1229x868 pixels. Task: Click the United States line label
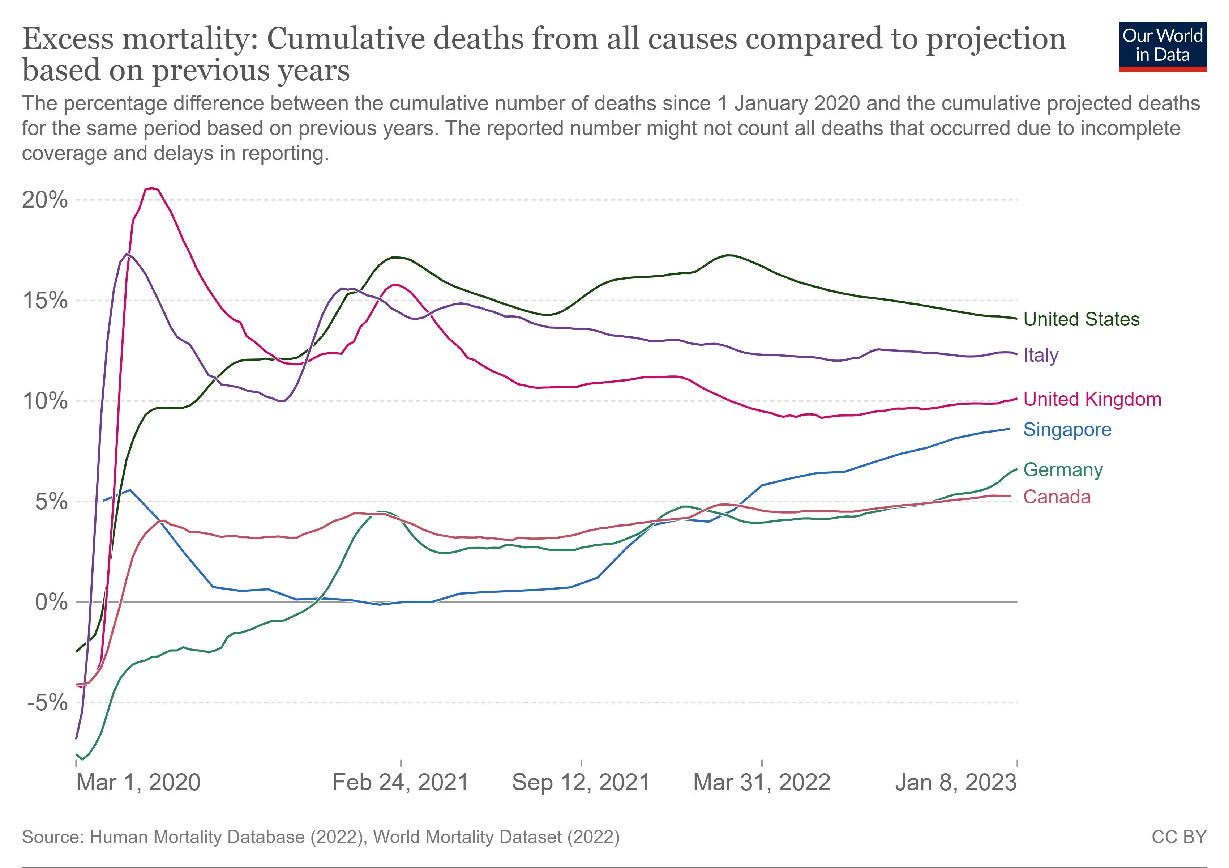point(1081,319)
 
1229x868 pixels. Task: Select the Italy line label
point(1041,355)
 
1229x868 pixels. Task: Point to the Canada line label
point(1057,497)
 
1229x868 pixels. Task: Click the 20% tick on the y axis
point(45,200)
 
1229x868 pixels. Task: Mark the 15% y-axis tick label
point(45,301)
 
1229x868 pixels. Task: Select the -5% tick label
point(47,702)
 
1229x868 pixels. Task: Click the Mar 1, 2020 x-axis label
point(138,782)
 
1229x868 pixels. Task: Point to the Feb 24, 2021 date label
point(401,782)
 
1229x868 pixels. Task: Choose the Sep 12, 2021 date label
point(581,782)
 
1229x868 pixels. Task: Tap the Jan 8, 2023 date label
point(955,782)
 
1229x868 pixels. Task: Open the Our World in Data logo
point(1162,47)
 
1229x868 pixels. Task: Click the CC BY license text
point(1179,837)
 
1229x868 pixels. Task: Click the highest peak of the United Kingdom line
point(152,188)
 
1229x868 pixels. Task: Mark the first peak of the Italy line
point(126,254)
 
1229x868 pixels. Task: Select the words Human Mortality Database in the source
point(197,837)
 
